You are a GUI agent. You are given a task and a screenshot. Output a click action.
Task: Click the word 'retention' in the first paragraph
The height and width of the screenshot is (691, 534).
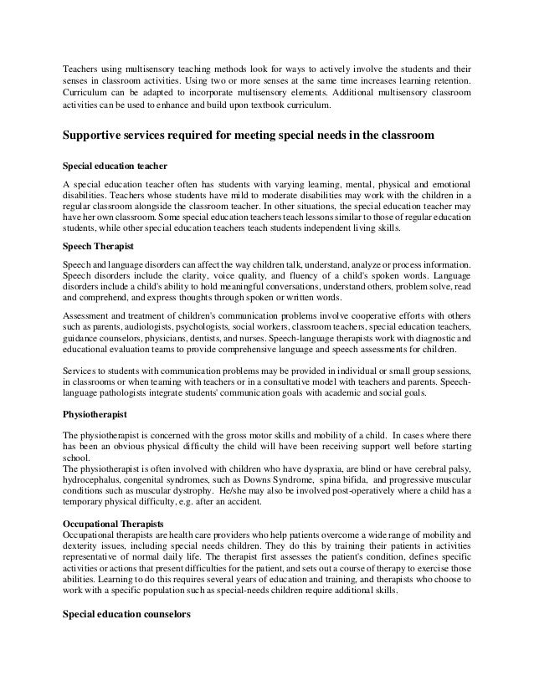click(x=447, y=81)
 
